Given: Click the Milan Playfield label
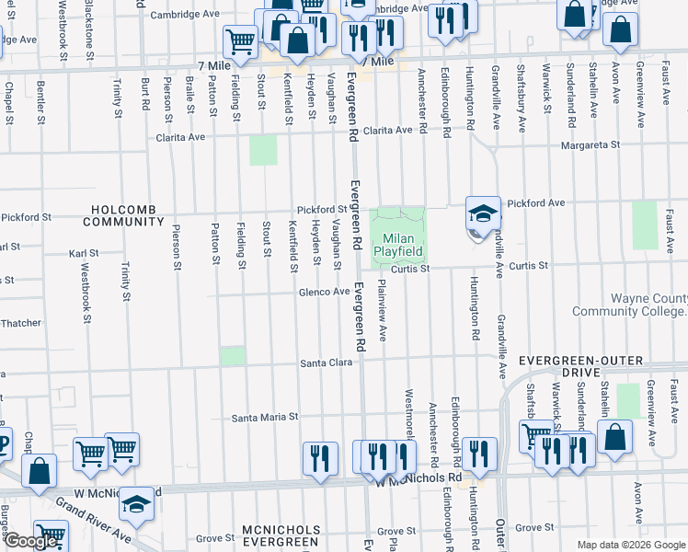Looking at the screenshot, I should pyautogui.click(x=398, y=245).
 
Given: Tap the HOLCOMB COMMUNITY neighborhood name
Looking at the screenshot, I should pyautogui.click(x=123, y=215).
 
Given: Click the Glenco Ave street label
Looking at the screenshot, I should pyautogui.click(x=323, y=293).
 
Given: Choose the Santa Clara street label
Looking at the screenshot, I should pyautogui.click(x=327, y=364).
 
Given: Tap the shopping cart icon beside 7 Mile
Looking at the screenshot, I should pyautogui.click(x=239, y=40).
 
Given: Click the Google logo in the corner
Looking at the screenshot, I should pyautogui.click(x=30, y=540).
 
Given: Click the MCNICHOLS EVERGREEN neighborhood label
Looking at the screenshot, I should pyautogui.click(x=281, y=536).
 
